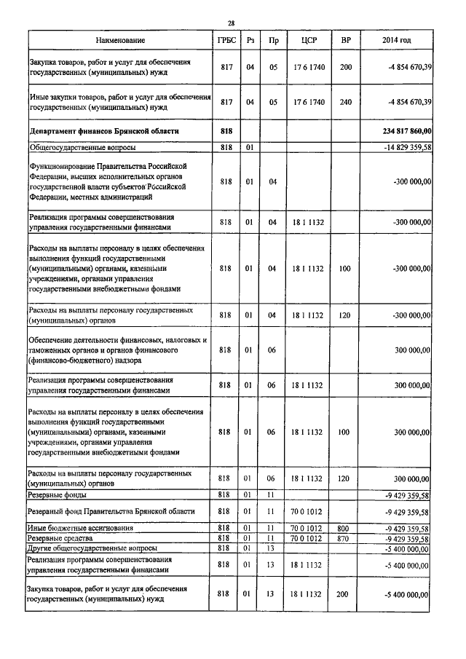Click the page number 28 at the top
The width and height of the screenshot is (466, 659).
232,23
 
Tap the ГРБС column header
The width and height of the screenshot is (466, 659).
225,40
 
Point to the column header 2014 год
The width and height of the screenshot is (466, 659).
397,40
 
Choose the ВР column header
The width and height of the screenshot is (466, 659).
345,40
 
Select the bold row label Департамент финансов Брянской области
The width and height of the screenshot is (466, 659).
103,131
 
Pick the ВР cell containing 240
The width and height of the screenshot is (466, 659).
345,102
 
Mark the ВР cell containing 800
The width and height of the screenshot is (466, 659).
345,528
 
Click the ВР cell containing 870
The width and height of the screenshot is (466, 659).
345,539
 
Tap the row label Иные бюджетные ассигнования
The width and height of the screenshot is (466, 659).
80,528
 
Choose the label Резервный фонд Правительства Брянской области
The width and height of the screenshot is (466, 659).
111,512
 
